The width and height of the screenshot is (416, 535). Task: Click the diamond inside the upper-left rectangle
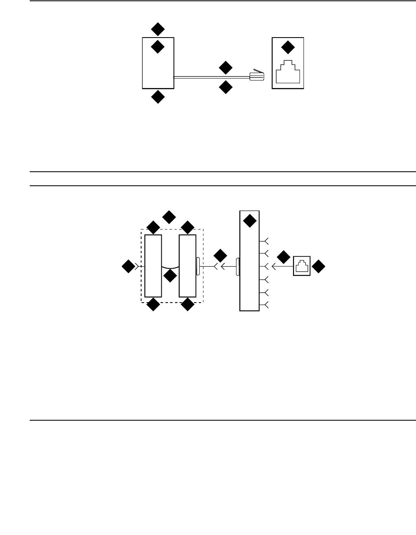pyautogui.click(x=158, y=47)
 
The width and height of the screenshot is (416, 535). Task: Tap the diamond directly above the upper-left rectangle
pyautogui.click(x=158, y=29)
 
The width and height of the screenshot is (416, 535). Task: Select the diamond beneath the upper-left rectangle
pyautogui.click(x=158, y=97)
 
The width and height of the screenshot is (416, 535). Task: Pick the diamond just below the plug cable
pyautogui.click(x=225, y=87)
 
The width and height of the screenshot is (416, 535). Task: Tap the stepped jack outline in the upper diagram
pyautogui.click(x=288, y=73)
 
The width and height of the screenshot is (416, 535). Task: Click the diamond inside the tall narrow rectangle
pyautogui.click(x=249, y=221)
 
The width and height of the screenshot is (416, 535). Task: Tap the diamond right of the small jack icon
pyautogui.click(x=318, y=267)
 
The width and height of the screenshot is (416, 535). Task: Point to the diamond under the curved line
pyautogui.click(x=170, y=276)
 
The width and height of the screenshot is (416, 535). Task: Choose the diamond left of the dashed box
pyautogui.click(x=128, y=267)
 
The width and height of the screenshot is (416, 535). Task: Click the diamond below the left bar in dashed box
pyautogui.click(x=153, y=305)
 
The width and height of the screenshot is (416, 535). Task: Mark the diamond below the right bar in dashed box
pyautogui.click(x=188, y=305)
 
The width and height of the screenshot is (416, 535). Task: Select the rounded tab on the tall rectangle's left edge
pyautogui.click(x=238, y=267)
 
